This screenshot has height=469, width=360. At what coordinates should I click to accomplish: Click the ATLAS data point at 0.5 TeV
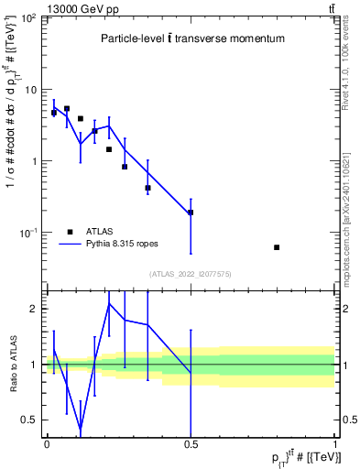191,213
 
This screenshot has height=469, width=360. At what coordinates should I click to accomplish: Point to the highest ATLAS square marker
67,108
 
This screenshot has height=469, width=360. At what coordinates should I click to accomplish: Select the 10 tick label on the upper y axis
30,90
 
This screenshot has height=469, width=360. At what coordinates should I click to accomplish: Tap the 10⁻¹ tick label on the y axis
27,234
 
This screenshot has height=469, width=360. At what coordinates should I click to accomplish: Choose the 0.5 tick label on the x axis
190,443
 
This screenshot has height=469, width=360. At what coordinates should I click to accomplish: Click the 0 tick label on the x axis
47,443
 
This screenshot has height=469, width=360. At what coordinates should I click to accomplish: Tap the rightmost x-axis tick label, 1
335,443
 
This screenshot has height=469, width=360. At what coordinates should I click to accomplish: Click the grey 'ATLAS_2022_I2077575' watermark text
190,274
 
